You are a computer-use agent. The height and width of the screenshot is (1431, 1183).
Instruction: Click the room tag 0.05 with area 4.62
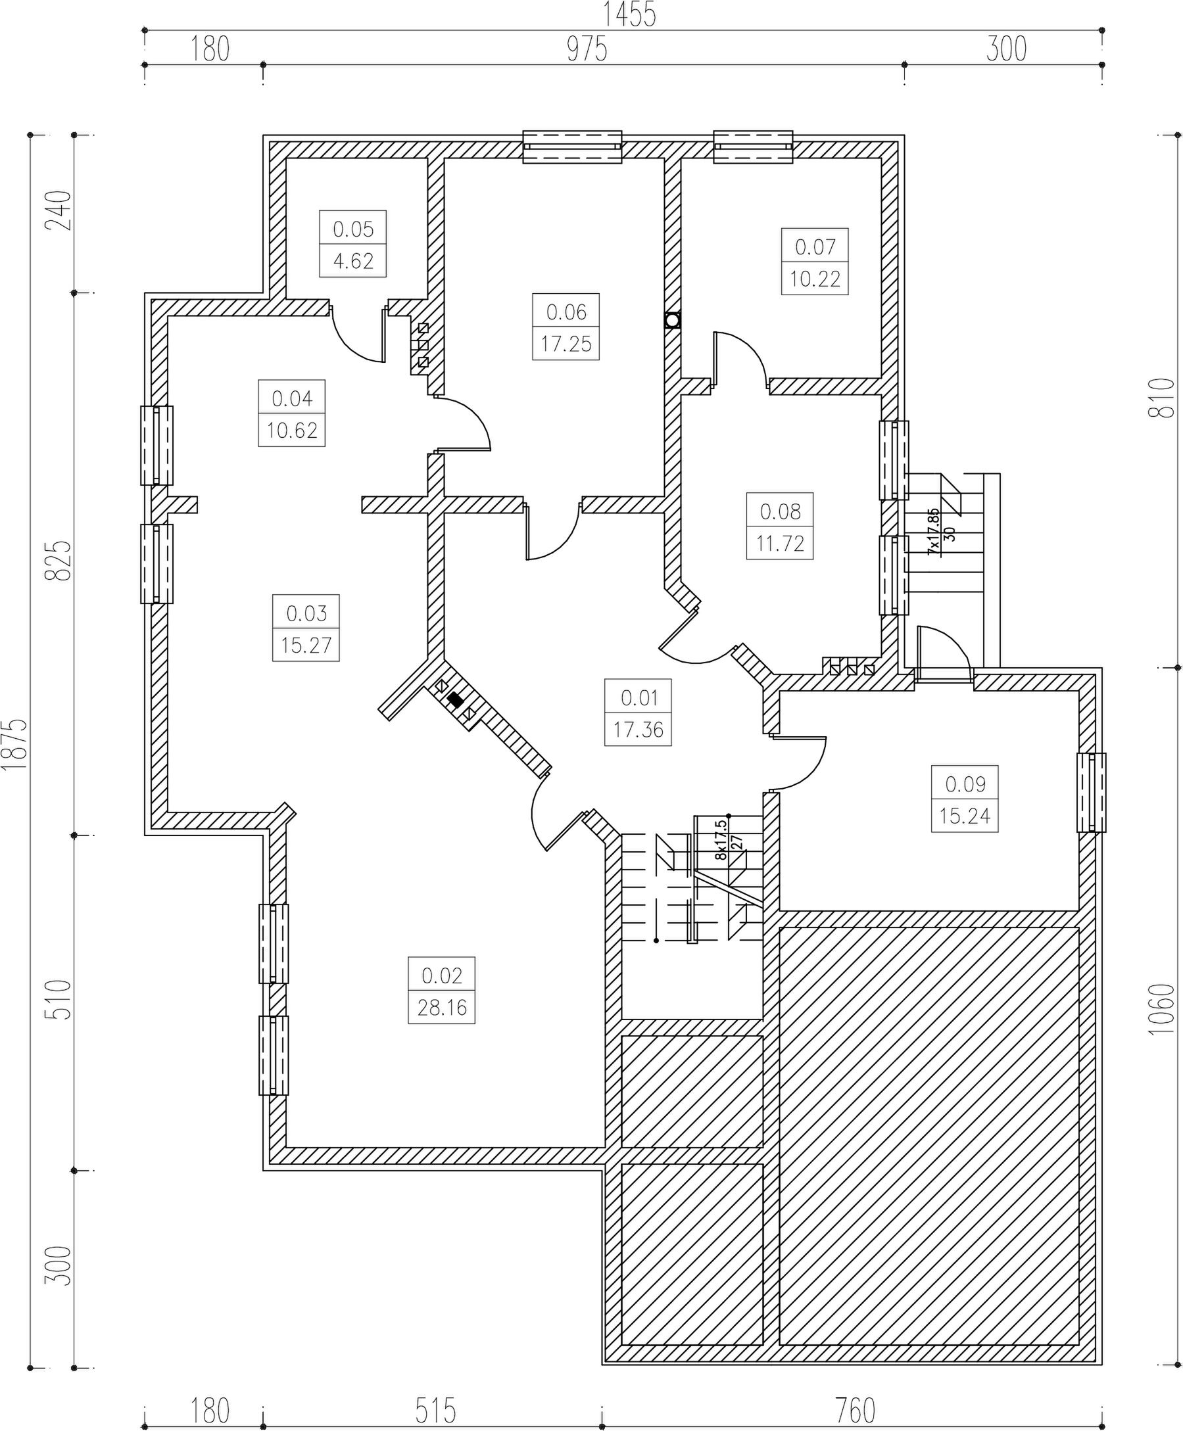click(x=353, y=243)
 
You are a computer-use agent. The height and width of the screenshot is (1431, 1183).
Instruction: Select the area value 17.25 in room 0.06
click(x=566, y=344)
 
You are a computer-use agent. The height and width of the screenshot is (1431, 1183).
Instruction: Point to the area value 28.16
click(x=443, y=1008)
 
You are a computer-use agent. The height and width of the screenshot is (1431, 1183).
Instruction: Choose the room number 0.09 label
click(x=965, y=784)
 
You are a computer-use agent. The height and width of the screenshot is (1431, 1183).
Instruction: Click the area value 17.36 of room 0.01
click(x=639, y=730)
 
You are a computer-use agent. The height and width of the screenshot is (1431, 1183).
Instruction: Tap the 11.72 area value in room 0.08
click(x=781, y=544)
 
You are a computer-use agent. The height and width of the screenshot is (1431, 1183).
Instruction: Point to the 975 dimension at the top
click(x=587, y=49)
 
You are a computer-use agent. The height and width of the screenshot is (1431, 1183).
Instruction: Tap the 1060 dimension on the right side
click(x=1162, y=1010)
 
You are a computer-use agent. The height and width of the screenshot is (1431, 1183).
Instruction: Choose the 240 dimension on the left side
click(x=59, y=210)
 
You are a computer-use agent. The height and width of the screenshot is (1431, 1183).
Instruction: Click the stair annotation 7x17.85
click(x=934, y=531)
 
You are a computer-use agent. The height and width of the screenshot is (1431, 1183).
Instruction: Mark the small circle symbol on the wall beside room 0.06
click(x=673, y=320)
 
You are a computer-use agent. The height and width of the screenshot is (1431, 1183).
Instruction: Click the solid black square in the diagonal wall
click(x=455, y=699)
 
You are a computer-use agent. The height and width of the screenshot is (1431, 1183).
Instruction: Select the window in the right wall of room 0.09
click(x=1091, y=792)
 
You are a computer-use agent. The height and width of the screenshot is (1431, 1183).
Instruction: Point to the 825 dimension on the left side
click(x=59, y=561)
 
